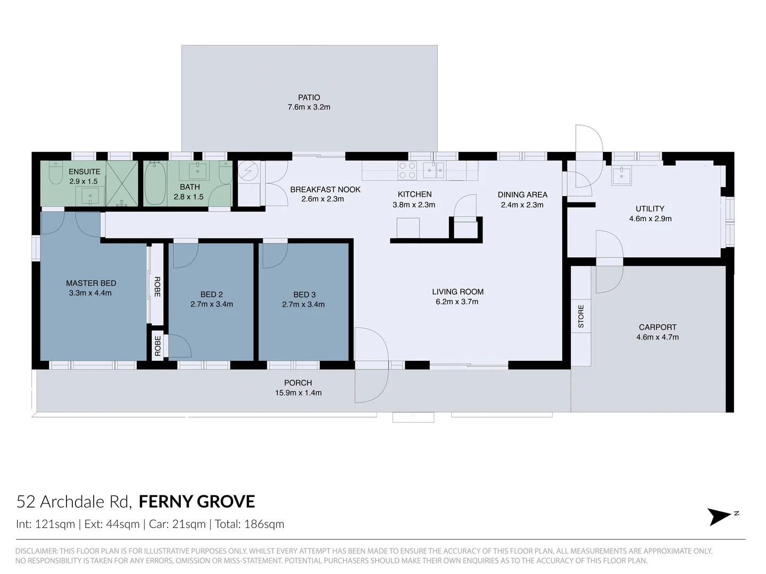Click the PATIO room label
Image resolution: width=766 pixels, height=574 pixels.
pos(309,98)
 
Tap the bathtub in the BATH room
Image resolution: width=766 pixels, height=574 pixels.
pos(155,183)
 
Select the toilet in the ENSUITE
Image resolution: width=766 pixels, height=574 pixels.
pos(56,172)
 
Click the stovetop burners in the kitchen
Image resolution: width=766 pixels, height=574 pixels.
pos(407,171)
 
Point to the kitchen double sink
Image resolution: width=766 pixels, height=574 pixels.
pos(434,171)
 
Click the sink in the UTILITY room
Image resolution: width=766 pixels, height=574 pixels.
pos(621,176)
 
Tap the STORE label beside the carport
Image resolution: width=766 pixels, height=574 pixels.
pos(581,316)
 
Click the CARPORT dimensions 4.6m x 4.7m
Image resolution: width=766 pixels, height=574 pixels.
pos(657,337)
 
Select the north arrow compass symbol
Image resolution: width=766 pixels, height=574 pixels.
pos(722,517)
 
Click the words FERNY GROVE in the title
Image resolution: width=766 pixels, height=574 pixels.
pos(197,502)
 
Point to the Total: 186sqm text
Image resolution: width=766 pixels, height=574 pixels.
pos(249,524)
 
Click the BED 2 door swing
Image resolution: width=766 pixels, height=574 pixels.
pos(186,256)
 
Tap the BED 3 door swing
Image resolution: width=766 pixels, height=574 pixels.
pos(275,256)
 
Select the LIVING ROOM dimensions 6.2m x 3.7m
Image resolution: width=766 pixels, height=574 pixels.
pos(457,302)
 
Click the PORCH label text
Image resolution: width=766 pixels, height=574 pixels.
pos(298,383)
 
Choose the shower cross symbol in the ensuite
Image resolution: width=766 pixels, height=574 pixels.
pos(122,183)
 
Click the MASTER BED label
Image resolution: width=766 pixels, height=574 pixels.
pos(91,283)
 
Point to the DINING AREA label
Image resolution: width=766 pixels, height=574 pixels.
pos(522,195)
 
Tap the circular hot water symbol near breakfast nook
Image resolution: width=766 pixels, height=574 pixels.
pos(248,171)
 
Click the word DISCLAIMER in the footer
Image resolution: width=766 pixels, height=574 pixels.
pos(36,551)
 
